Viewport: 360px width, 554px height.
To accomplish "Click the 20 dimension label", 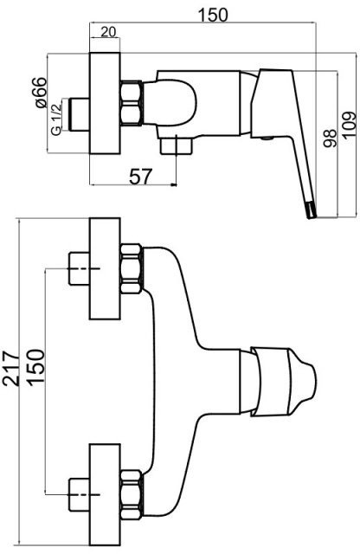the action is pos(108,32).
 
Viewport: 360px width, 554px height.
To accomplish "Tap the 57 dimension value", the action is pos(140,177).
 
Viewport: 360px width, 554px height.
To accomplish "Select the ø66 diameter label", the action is pos(41,93).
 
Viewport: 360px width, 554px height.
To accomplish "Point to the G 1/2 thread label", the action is pos(56,119).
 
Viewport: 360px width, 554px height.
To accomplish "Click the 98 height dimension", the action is pos(330,138).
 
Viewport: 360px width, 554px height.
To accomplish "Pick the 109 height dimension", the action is pos(350,126).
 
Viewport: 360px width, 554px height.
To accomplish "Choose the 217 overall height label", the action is pos(10,369).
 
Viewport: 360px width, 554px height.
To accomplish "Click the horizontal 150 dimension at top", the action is pos(213,15).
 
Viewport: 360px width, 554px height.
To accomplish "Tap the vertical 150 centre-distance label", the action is pos(36,368).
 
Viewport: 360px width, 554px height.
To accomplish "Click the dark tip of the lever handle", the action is pos(310,210).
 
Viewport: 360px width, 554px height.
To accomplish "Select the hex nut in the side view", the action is pos(132,103).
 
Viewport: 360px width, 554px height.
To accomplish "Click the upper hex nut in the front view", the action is pos(132,268).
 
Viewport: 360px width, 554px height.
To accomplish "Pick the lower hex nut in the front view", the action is pos(132,494).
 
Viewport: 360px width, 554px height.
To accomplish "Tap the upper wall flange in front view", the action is pos(105,268).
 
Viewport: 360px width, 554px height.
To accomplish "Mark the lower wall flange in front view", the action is pos(105,494).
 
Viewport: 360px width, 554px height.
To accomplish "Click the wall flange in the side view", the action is pos(105,103).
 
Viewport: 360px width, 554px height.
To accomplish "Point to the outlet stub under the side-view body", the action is pos(177,145).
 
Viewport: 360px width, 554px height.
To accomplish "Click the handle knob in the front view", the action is pos(283,382).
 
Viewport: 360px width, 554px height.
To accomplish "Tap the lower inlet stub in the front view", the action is pos(79,494).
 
